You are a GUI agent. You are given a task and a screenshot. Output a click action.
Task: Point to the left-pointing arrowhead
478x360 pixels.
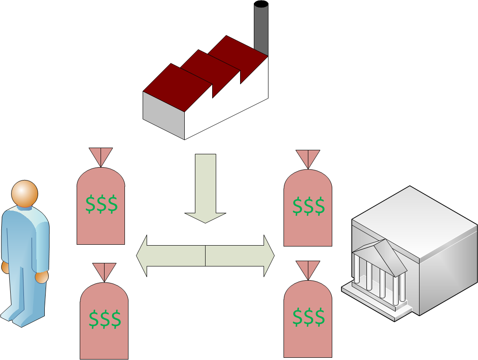[x=142, y=256]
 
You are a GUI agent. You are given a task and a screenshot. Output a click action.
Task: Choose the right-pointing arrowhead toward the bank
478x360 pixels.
[x=269, y=256]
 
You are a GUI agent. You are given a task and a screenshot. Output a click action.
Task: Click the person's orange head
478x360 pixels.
[x=25, y=193]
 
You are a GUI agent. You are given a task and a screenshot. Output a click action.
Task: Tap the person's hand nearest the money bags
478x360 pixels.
[x=42, y=278]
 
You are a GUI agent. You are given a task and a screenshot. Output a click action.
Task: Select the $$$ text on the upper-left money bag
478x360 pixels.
[x=101, y=204]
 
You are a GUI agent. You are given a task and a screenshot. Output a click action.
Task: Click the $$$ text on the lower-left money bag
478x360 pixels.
[x=105, y=319]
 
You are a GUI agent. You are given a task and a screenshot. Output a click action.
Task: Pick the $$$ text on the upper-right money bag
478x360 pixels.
[x=308, y=207]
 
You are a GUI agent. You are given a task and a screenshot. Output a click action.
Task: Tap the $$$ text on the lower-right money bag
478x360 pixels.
[x=308, y=317]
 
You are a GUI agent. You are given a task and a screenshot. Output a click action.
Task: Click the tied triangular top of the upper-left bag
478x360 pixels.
[x=101, y=156]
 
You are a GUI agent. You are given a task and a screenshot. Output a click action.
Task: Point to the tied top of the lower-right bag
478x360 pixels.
[x=308, y=269]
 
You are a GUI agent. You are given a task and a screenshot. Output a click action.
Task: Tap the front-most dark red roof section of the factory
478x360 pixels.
[x=178, y=87]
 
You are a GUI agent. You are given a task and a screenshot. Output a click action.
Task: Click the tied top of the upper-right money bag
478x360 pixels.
[x=308, y=158]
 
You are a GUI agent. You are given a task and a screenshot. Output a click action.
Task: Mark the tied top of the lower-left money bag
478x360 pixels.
[x=104, y=271]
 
